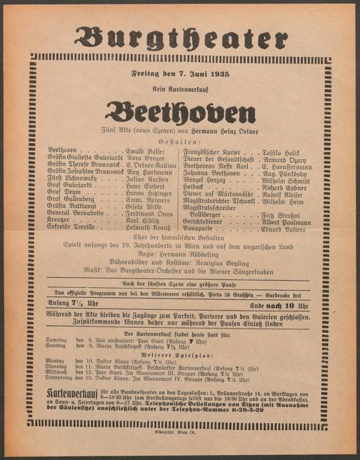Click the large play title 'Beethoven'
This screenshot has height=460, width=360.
tap(180, 113)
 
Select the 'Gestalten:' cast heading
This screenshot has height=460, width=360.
tap(180, 141)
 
